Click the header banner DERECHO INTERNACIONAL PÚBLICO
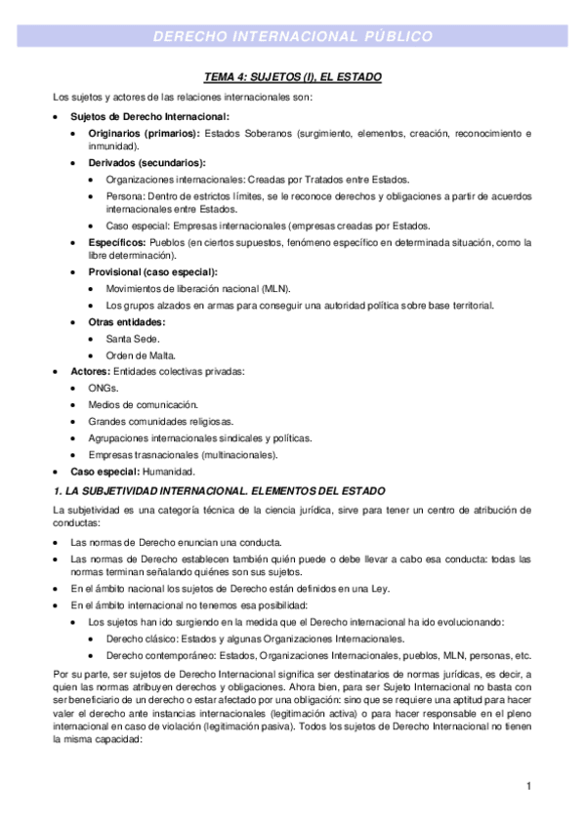tap(292, 37)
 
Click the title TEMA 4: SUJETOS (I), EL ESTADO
tap(292, 76)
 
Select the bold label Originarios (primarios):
tap(144, 133)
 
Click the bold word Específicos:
tap(117, 241)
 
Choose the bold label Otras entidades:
tap(127, 321)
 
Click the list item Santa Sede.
tap(133, 338)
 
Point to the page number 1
tap(527, 786)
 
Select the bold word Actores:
tap(91, 371)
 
